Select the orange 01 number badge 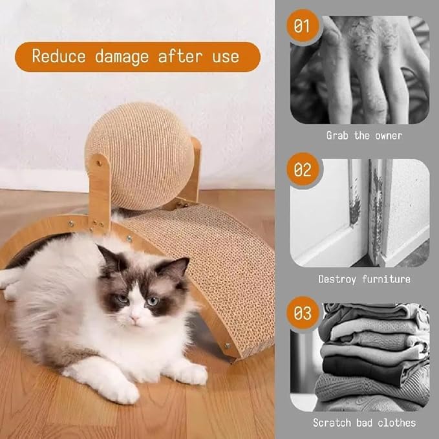302,27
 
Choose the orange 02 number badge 302,171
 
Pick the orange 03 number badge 302,314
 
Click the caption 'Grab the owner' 363,136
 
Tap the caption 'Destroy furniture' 364,279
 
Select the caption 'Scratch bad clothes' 364,423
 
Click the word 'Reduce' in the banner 59,56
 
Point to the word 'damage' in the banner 123,56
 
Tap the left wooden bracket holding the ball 100,187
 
